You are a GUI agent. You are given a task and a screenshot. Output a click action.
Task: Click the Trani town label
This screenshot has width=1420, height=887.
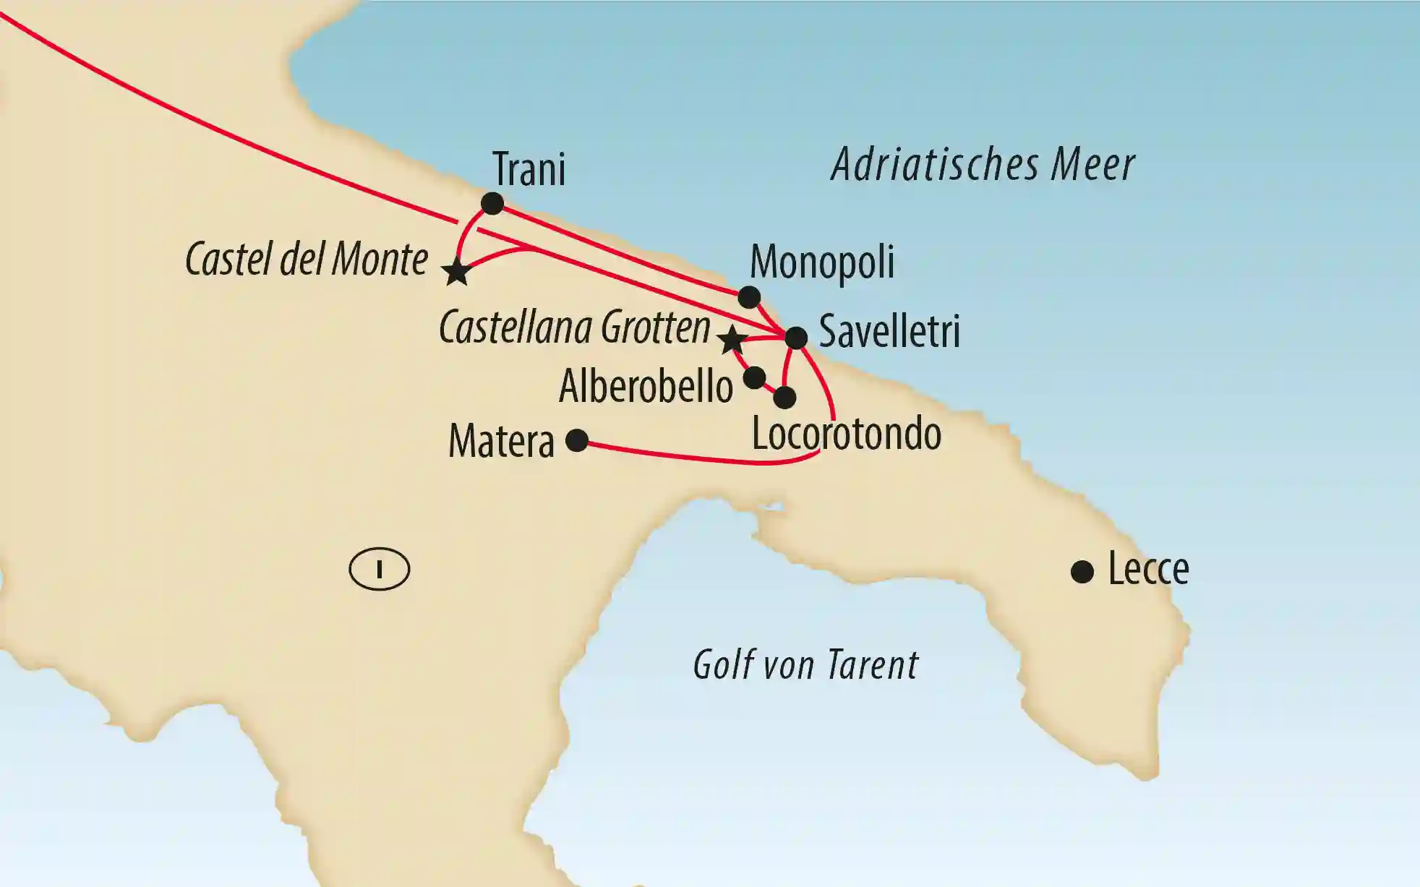[529, 170]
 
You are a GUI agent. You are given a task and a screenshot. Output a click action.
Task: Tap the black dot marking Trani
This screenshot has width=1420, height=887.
[492, 203]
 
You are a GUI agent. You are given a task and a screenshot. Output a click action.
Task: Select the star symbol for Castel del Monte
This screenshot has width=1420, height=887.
[457, 273]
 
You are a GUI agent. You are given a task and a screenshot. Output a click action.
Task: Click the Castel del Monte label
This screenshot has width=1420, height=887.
[307, 259]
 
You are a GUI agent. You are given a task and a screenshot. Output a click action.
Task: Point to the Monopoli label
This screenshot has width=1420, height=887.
[822, 262]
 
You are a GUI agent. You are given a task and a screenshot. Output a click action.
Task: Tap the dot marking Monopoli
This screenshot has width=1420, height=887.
[749, 297]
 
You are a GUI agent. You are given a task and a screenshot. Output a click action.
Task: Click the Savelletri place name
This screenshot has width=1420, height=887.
[889, 332]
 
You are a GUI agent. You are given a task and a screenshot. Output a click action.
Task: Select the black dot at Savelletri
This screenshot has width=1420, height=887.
[796, 338]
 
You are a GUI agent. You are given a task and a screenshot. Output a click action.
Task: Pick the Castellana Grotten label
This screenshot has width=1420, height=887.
[575, 328]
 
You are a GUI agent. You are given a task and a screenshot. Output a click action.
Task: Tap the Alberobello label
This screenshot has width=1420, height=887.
[646, 387]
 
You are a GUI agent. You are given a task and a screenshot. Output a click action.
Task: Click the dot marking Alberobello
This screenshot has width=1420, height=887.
[754, 377]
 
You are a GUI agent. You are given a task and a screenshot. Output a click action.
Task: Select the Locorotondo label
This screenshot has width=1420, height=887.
[847, 434]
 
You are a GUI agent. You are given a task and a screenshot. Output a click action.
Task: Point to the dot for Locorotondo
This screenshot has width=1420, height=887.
[784, 398]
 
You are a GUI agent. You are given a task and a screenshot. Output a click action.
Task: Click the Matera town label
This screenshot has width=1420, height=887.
[501, 441]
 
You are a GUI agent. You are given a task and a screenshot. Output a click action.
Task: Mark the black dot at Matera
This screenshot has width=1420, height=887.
[577, 440]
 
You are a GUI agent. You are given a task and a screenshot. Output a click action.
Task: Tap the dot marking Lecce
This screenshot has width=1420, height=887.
[1082, 573]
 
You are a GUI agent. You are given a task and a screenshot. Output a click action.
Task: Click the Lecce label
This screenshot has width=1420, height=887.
[1148, 570]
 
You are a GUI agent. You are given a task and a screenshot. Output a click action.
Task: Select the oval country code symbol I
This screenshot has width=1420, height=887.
[380, 570]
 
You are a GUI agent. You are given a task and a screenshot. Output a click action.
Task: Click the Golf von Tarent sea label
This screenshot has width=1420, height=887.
[805, 665]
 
